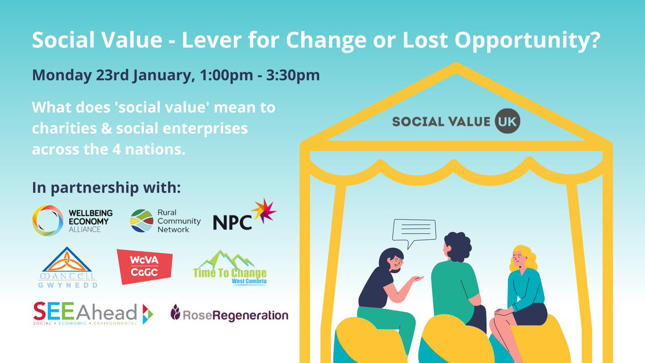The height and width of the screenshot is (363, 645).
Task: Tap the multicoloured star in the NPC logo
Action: [263, 211]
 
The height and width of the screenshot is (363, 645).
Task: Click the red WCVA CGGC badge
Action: [145, 267]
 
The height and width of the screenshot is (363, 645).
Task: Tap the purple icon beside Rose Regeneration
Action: [176, 311]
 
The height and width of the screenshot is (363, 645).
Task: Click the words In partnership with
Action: [107, 189]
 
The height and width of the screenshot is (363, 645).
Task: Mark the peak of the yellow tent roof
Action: [456, 67]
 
